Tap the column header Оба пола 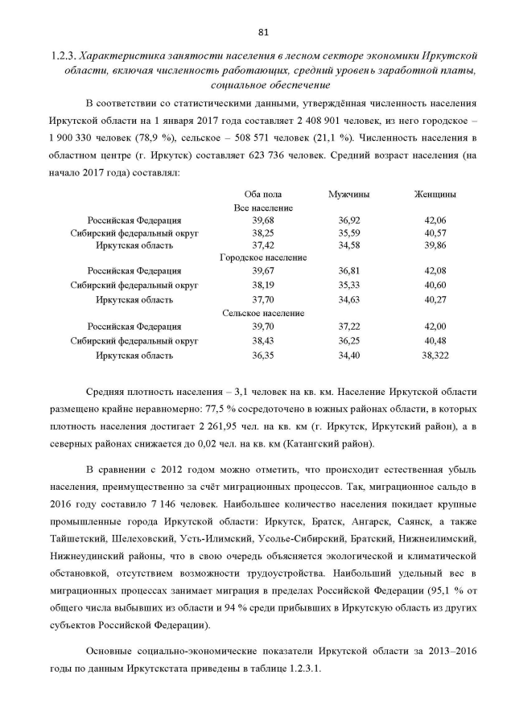(x=262, y=195)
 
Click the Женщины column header (x=435, y=195)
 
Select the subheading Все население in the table (x=262, y=208)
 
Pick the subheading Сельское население (x=262, y=313)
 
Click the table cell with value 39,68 (x=262, y=220)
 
